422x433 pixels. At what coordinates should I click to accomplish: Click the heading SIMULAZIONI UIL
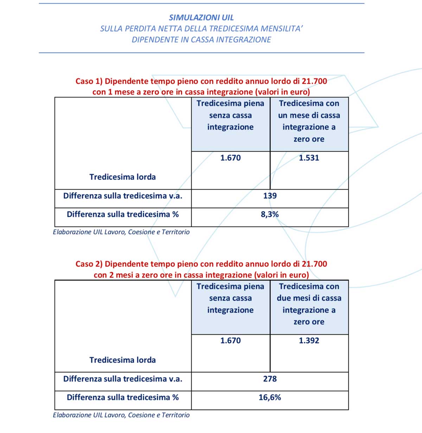(201, 17)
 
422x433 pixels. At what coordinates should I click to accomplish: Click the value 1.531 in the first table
(309, 158)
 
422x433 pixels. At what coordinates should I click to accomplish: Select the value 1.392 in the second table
(309, 340)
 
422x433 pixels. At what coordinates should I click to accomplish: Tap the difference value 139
(270, 196)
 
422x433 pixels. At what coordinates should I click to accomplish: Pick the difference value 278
(270, 379)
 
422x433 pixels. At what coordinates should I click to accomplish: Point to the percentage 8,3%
(270, 214)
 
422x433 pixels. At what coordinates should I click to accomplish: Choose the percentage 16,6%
(270, 397)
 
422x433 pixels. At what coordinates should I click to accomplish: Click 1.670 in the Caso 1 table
(230, 158)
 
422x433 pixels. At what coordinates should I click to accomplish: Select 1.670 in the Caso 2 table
(230, 340)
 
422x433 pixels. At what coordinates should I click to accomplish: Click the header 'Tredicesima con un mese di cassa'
(309, 109)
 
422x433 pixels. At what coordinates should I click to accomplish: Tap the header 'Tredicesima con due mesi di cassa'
(309, 292)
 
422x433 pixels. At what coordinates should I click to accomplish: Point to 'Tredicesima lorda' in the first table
(122, 177)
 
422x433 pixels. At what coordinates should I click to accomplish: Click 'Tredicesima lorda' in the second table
(122, 360)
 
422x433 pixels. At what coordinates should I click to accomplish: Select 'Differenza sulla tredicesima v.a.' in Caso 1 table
(123, 196)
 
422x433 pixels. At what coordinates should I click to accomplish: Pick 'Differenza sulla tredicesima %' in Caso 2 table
(123, 397)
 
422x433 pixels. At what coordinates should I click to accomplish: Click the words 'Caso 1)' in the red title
(89, 81)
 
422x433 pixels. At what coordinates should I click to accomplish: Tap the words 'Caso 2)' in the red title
(89, 264)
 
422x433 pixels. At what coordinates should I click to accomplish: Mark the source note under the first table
(121, 232)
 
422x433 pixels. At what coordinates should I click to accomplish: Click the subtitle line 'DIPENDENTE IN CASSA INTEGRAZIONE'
(201, 40)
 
